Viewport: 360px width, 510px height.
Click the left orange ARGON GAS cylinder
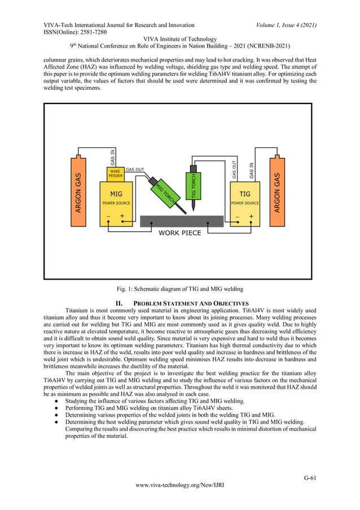[78, 192]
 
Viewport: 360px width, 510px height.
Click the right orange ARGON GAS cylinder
[277, 192]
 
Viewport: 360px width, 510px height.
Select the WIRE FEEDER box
[116, 173]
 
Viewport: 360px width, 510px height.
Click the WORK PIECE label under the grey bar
[179, 233]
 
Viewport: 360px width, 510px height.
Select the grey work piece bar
[179, 221]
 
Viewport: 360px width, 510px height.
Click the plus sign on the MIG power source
[122, 216]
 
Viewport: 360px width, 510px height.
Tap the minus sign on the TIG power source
[238, 216]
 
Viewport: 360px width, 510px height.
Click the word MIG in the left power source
[116, 194]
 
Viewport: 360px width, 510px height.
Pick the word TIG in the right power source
[245, 194]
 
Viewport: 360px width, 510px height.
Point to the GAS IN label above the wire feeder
[113, 156]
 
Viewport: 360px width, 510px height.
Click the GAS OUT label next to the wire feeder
[135, 169]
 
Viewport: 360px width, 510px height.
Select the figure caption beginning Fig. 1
[179, 289]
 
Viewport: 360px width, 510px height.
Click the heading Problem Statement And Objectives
[191, 303]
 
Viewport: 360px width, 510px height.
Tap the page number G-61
[310, 478]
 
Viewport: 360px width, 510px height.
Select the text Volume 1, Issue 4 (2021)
[286, 25]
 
